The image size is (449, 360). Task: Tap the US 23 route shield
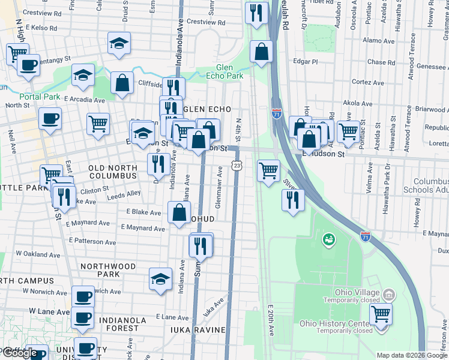[237, 165]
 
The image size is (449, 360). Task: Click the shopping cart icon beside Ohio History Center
[381, 313]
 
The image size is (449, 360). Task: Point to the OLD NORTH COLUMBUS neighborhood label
[113, 172]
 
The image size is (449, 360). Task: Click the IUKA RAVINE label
[196, 330]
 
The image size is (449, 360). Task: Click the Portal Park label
[39, 97]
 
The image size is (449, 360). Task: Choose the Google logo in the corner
[20, 353]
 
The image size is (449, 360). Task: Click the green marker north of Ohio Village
[328, 240]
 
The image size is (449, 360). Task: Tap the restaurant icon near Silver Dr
[293, 199]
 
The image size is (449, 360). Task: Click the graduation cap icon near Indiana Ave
[160, 279]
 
